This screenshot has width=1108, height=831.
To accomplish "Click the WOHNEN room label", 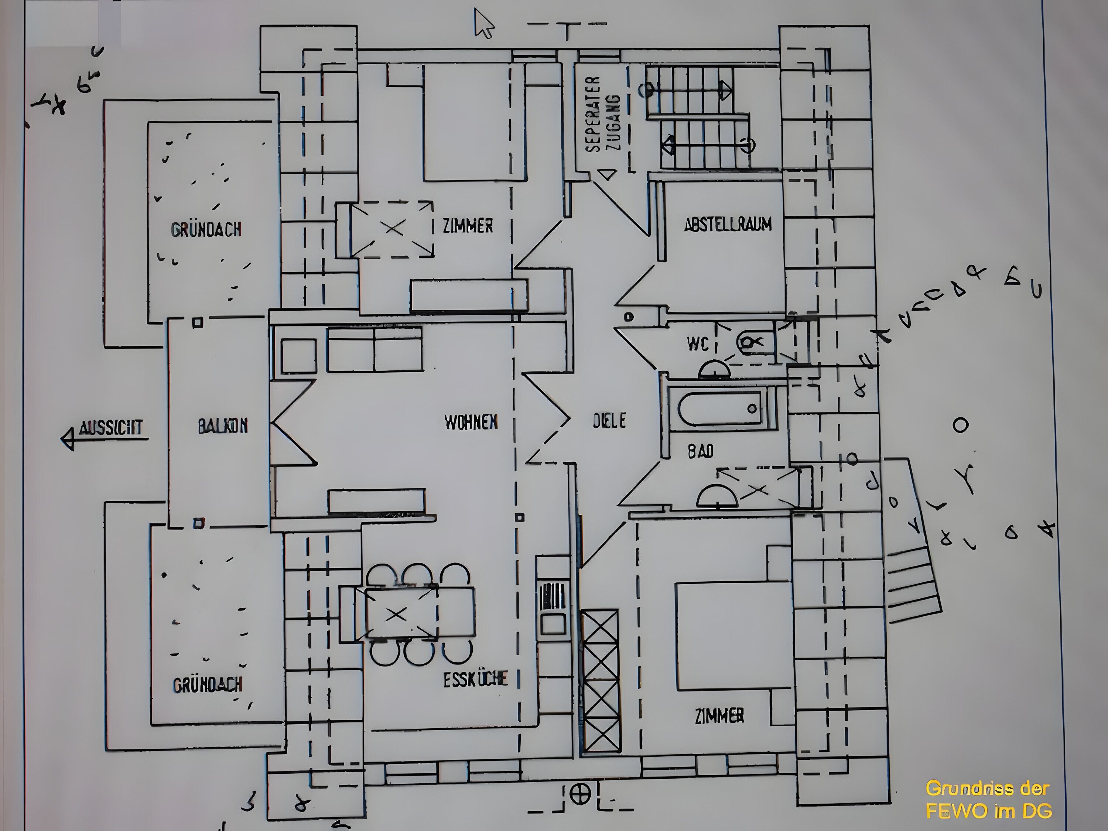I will pyautogui.click(x=471, y=422).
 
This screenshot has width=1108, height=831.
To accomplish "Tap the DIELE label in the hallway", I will pyautogui.click(x=609, y=421).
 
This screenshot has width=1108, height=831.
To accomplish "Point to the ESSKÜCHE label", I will pyautogui.click(x=475, y=680).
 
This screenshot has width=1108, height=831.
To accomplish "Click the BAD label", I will pyautogui.click(x=700, y=451).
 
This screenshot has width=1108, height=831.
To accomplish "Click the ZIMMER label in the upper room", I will pyautogui.click(x=467, y=226).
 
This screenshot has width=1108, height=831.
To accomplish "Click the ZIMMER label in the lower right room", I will pyautogui.click(x=719, y=716).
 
